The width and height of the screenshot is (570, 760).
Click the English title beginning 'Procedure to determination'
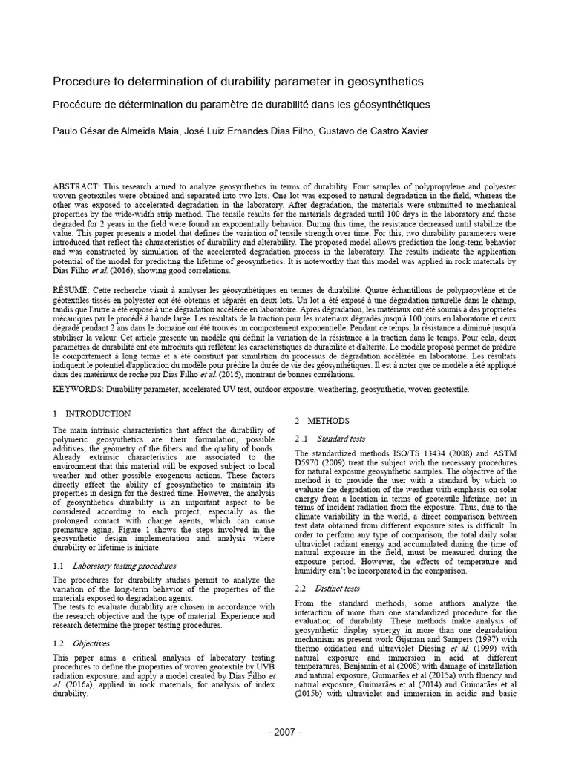[x=237, y=81]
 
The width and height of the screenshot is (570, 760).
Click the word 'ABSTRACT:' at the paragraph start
[x=78, y=184]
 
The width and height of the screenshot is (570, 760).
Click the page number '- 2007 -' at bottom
[x=285, y=733]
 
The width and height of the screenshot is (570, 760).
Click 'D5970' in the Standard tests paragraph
[x=311, y=463]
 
